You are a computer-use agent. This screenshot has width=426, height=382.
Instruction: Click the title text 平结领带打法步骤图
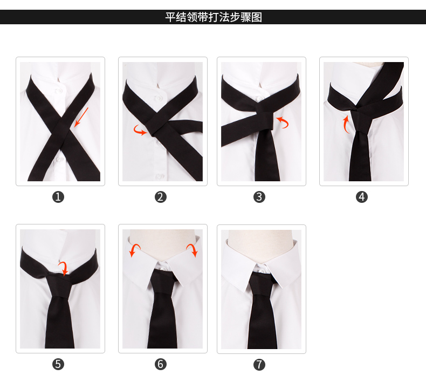[214, 17]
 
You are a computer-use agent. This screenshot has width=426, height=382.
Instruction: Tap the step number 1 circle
[58, 197]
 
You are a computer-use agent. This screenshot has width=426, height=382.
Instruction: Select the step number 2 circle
[161, 197]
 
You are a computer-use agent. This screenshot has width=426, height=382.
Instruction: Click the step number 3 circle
[259, 197]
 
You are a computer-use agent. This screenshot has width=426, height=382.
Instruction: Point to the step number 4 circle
[362, 197]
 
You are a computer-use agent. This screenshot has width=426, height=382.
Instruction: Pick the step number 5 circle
[58, 364]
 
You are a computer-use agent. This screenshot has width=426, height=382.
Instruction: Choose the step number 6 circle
[161, 364]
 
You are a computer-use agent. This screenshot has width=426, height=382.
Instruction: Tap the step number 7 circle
[259, 365]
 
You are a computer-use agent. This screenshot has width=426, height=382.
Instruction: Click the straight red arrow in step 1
[81, 117]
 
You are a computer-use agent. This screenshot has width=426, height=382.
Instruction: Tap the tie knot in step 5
[59, 285]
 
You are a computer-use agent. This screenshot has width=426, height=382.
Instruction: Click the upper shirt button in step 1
[59, 90]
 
